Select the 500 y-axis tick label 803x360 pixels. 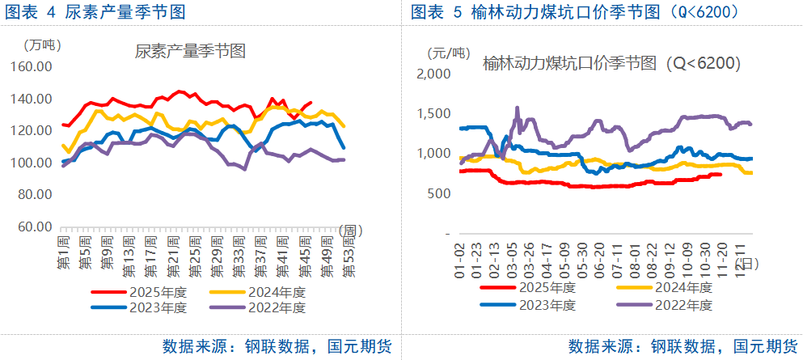tap(438, 193)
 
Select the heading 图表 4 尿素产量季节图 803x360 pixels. tap(93, 12)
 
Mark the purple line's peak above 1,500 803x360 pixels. tap(517, 108)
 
